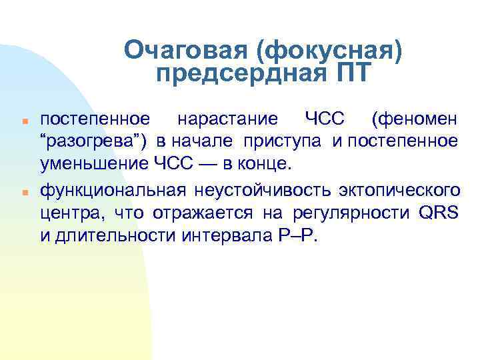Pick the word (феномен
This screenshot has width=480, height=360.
[415, 119]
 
